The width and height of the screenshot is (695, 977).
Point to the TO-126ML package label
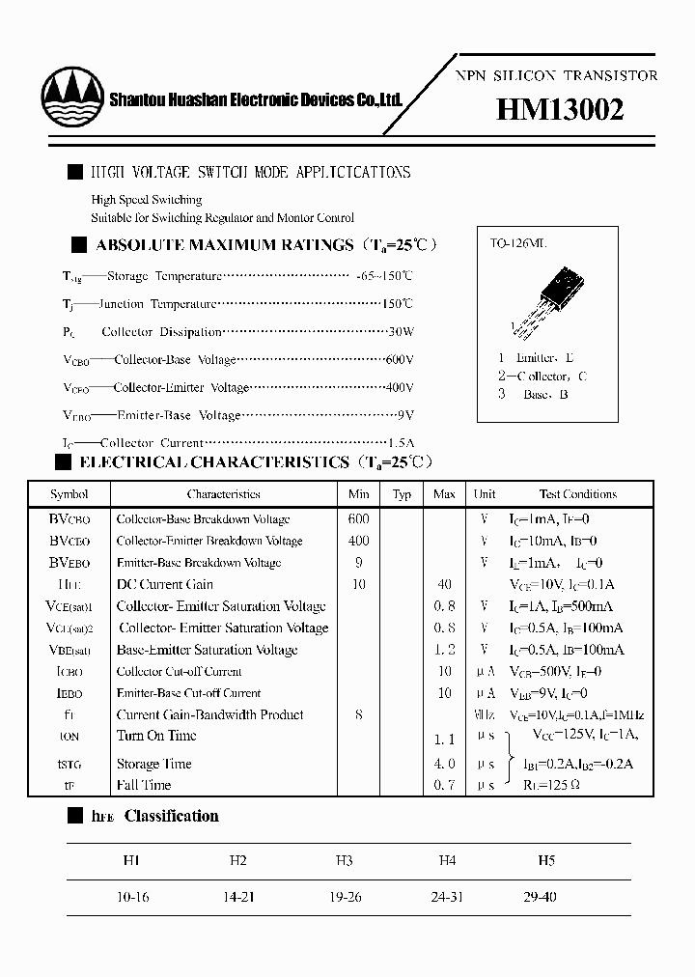[x=518, y=245]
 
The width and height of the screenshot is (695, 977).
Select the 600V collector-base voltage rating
[x=398, y=360]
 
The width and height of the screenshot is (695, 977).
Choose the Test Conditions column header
[x=577, y=494]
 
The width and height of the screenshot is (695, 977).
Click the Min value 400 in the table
[x=359, y=541]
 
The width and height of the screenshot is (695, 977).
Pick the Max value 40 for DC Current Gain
[x=444, y=584]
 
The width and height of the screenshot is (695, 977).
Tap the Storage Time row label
[x=153, y=764]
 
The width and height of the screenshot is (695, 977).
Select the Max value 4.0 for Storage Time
[x=444, y=764]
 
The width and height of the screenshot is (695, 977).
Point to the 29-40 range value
[x=540, y=897]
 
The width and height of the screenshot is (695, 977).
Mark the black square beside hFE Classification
[x=74, y=817]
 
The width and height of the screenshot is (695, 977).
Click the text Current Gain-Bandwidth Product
[x=209, y=714]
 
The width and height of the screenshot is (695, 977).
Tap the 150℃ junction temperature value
[x=397, y=304]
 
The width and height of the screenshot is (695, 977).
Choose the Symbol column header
[x=69, y=494]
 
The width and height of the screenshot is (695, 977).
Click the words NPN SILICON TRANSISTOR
[x=556, y=75]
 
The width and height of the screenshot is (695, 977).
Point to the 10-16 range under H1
[x=132, y=897]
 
